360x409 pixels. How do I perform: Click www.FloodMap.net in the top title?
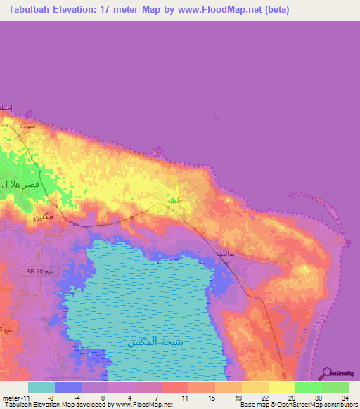pyautogui.click(x=221, y=10)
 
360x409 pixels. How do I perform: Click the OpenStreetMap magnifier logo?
pyautogui.click(x=327, y=372)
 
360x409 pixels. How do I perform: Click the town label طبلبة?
pyautogui.click(x=174, y=201)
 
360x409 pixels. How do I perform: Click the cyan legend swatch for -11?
pyautogui.click(x=41, y=387)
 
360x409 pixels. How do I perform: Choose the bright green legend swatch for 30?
pyautogui.click(x=309, y=387)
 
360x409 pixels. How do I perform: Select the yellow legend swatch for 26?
pyautogui.click(x=282, y=387)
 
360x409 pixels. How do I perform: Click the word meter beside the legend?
pyautogui.click(x=10, y=398)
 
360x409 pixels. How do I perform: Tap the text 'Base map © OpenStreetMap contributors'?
pyautogui.click(x=297, y=405)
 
